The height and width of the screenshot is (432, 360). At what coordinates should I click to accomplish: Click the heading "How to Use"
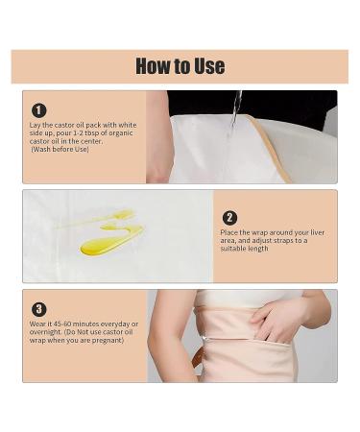[180, 66]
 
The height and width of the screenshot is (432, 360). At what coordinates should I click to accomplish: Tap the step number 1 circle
[38, 110]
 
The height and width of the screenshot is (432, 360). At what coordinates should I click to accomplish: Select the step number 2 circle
[229, 218]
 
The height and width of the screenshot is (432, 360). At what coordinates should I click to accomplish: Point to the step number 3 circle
[38, 309]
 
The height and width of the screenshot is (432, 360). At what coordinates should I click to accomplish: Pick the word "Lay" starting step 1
[36, 124]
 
